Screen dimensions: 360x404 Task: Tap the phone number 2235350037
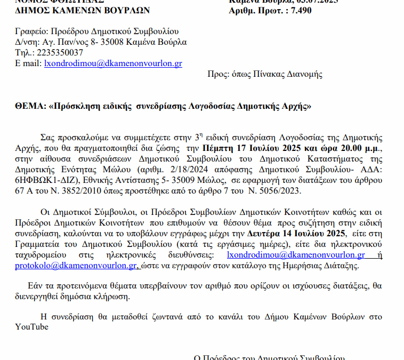pos(58,52)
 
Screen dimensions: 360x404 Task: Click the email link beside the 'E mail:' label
pos(113,63)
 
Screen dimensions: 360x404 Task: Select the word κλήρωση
pos(111,297)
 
